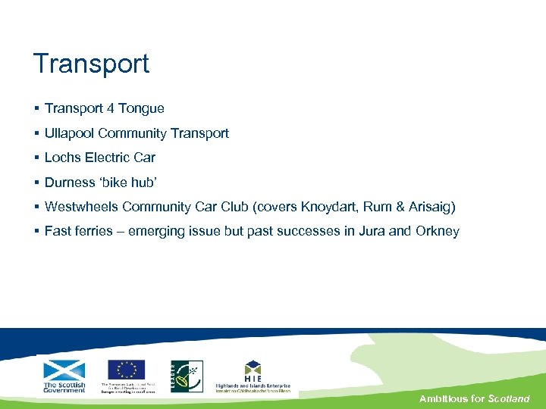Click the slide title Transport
91,64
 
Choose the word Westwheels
82,207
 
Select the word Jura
370,231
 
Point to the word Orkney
437,231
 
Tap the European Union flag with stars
126,370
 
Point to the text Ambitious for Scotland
474,398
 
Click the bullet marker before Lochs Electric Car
36,158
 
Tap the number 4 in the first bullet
111,108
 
